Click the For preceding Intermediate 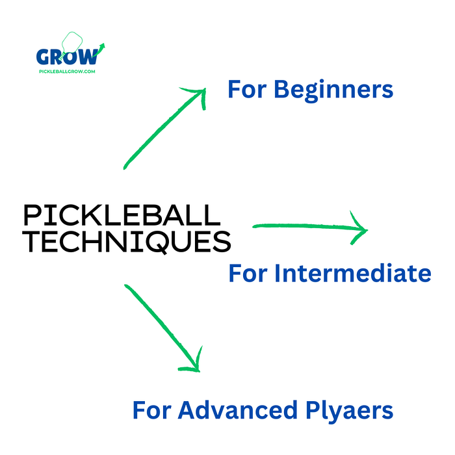[x=247, y=273]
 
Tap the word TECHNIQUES [x=127, y=242]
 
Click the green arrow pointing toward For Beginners [x=162, y=130]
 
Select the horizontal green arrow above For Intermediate [x=305, y=227]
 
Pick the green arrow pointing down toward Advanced [x=159, y=325]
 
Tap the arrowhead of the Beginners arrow [x=198, y=94]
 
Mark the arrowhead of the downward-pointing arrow [x=192, y=364]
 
